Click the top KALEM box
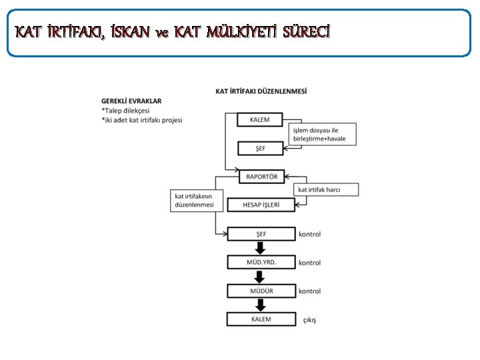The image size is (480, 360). [261, 119]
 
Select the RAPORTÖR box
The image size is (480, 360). [262, 177]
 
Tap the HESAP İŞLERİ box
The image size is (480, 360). [261, 205]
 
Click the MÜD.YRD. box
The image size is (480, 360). [261, 262]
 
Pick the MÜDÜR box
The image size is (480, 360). [261, 291]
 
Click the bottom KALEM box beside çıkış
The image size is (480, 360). [261, 319]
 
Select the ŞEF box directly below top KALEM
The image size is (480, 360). [261, 148]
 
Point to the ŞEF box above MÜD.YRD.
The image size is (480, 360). [261, 234]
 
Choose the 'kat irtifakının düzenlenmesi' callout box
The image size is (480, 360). [194, 201]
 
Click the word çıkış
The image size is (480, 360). [310, 320]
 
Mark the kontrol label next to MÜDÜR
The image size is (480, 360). [309, 291]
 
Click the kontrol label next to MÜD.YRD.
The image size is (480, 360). [309, 263]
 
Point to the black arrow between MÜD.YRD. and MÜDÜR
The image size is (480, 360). [261, 277]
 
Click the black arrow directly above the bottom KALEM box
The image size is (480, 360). [261, 305]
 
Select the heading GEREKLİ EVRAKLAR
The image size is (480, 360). [131, 101]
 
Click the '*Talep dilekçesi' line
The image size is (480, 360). [126, 111]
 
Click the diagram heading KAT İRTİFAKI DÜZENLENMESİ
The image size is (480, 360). [262, 91]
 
